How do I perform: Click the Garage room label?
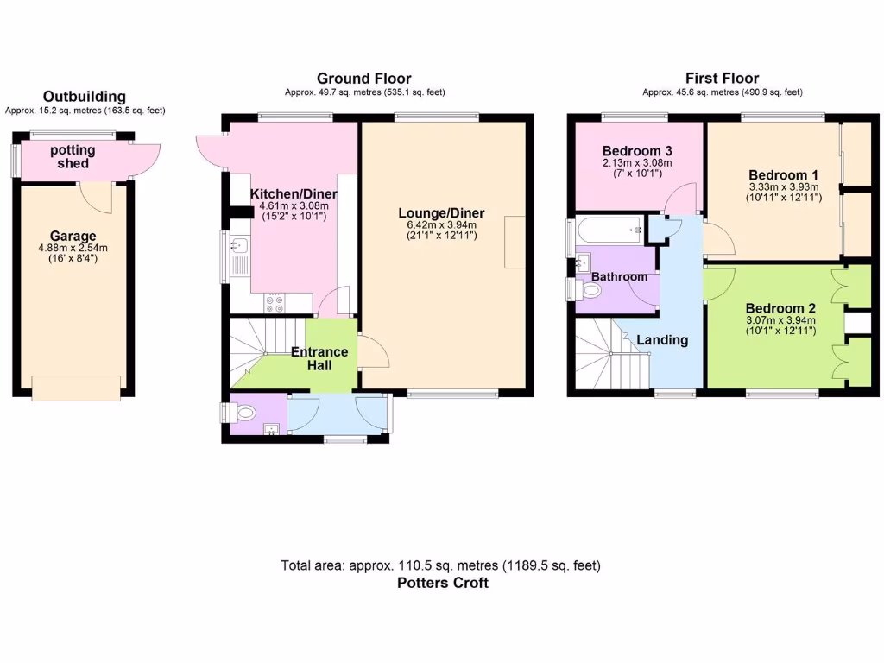pos(73,236)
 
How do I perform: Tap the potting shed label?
pos(73,156)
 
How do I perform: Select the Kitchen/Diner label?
pos(294,194)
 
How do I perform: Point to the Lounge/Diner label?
pos(441,213)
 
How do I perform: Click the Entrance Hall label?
pos(319,358)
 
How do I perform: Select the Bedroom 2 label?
pos(780,308)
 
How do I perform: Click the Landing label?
pos(662,339)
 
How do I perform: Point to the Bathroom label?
pos(619,276)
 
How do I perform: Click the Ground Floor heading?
pos(363,79)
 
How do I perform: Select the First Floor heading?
pos(722,79)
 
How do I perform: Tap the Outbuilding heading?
pos(85,97)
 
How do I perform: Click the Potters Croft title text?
pos(442,583)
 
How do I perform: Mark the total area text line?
pos(440,565)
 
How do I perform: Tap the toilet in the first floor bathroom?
pos(590,291)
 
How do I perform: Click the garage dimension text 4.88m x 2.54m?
pos(73,249)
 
